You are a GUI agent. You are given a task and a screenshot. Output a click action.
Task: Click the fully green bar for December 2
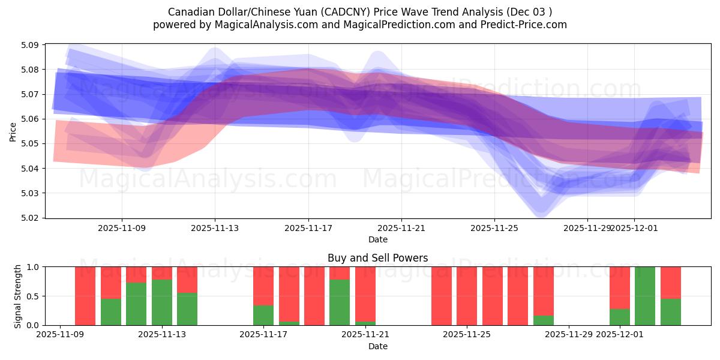pos(645,296)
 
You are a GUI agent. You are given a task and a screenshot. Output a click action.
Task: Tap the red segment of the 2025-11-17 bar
pos(263,286)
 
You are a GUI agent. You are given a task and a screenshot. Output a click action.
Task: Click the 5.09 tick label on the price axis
pos(30,45)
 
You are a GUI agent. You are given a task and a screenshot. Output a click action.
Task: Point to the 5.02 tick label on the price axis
pos(30,218)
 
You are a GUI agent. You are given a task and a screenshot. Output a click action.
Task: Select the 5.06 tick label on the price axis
pos(30,119)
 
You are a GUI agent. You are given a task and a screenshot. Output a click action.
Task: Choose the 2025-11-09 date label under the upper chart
pos(122,229)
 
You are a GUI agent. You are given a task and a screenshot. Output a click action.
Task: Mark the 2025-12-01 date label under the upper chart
pos(634,229)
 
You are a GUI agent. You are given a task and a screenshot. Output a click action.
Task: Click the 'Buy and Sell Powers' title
pos(378,258)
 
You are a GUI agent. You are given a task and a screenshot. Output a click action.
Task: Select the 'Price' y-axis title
pos(13,131)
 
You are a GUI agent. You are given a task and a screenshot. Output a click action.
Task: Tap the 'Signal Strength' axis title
pos(18,296)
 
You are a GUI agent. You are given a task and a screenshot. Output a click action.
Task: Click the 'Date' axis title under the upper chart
pos(378,239)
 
